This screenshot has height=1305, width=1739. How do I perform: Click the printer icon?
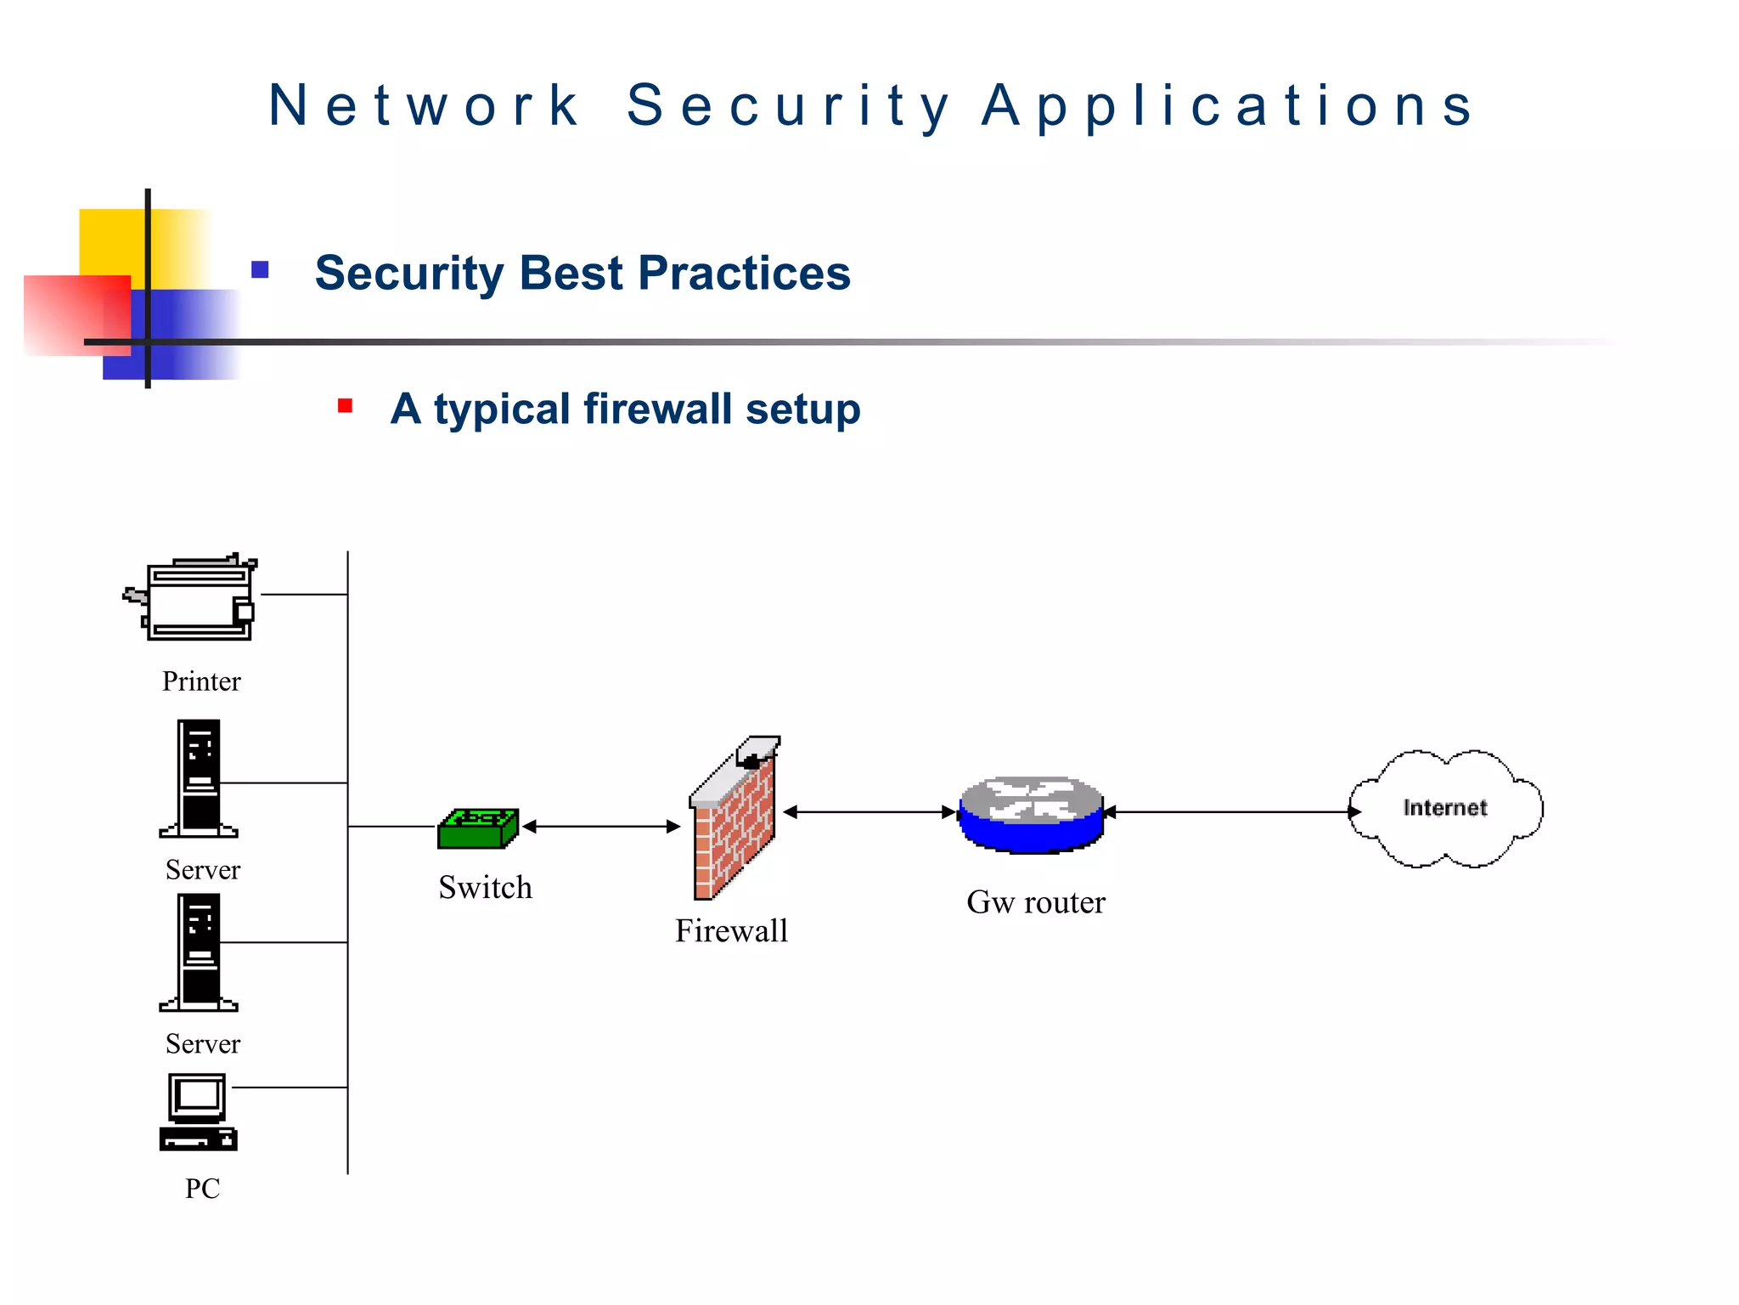(195, 597)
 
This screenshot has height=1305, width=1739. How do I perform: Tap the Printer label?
(201, 681)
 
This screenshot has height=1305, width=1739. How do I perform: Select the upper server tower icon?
(200, 778)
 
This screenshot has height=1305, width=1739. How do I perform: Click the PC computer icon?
(199, 1112)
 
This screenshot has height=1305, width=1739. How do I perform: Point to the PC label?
(202, 1188)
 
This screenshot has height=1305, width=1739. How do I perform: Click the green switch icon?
(478, 828)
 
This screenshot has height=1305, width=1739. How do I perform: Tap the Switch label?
(485, 888)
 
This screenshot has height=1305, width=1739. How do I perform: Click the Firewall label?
(731, 931)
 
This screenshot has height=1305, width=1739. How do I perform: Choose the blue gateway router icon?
(1031, 814)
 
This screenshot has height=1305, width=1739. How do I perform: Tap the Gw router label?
(1035, 902)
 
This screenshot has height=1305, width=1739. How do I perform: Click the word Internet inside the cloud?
(1444, 807)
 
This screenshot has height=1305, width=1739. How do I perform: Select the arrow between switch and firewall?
(601, 826)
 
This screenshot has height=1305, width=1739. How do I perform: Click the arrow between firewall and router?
(869, 812)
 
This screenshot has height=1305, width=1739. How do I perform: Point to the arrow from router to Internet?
(1231, 812)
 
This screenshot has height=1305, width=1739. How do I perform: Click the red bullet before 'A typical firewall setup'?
(345, 405)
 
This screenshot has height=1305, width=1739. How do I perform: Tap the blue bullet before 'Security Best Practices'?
(260, 270)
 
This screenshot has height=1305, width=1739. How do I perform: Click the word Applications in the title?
(1228, 106)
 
